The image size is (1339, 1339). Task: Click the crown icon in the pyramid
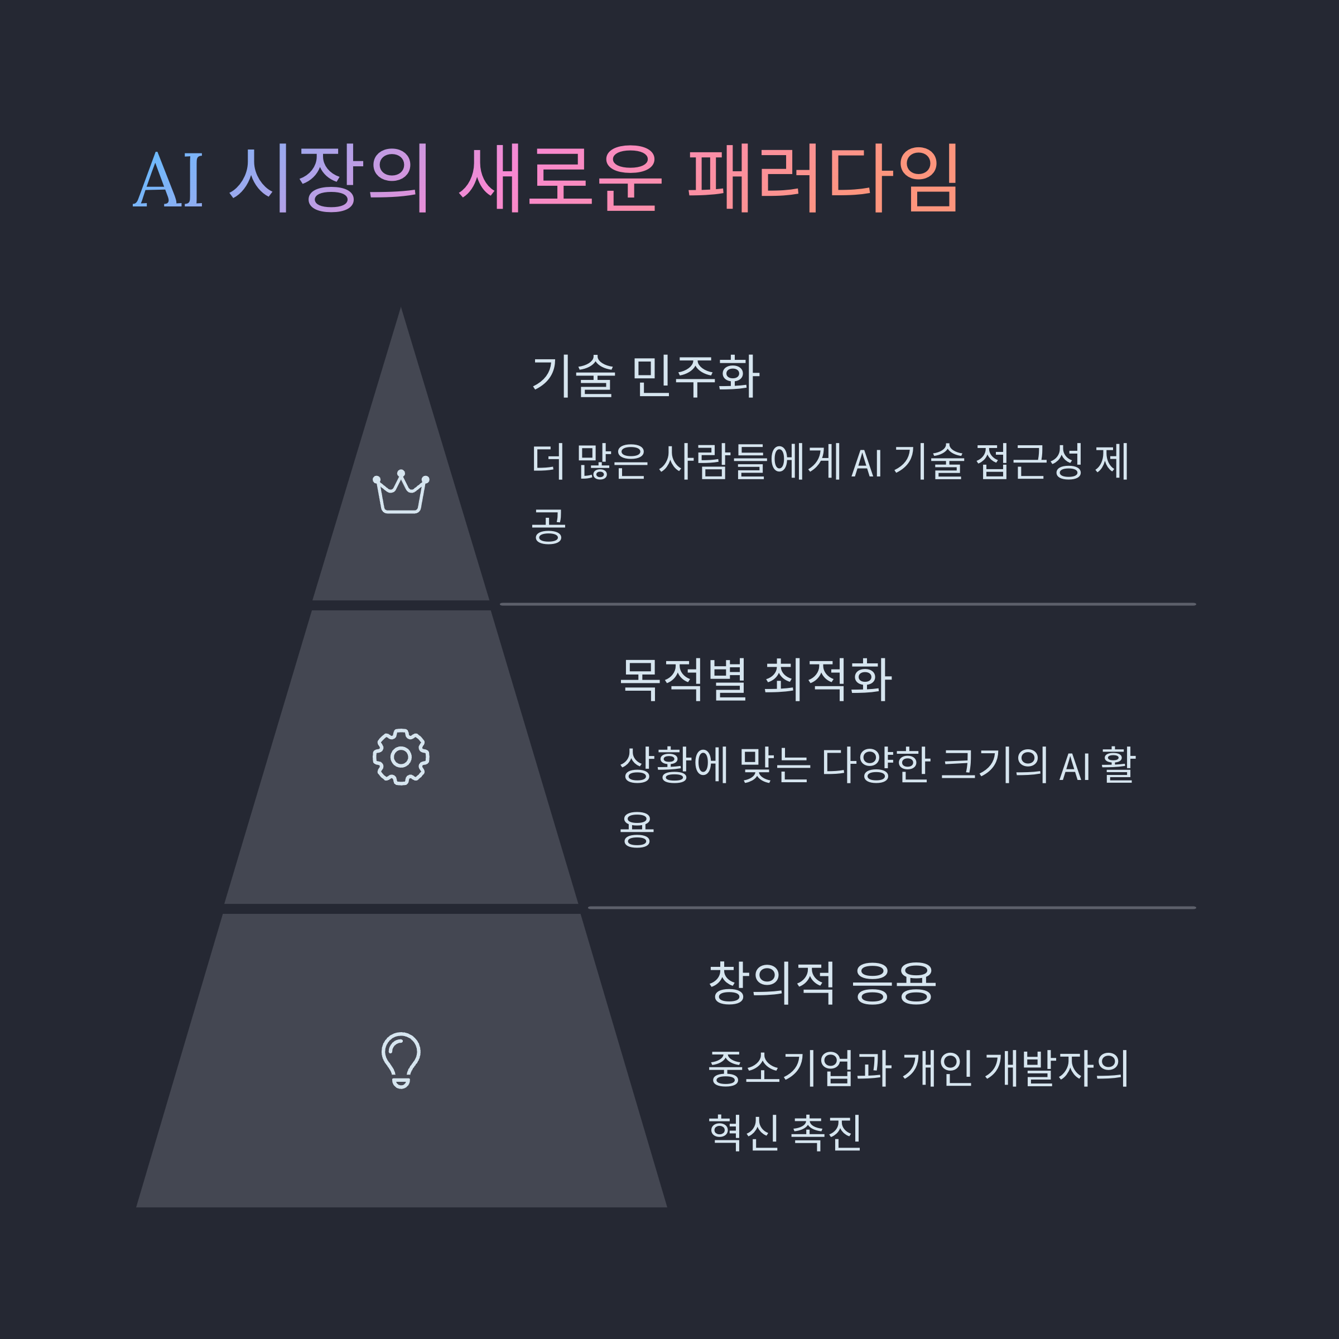[401, 492]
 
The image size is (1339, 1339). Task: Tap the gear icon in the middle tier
[401, 757]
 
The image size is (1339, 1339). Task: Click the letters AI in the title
[168, 180]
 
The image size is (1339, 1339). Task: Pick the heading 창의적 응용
[822, 982]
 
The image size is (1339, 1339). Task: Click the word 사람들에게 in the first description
[750, 461]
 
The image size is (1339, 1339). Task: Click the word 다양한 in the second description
[875, 765]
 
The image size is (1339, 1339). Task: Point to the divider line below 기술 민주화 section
[848, 604]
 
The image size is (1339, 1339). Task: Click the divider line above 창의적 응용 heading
[892, 907]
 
